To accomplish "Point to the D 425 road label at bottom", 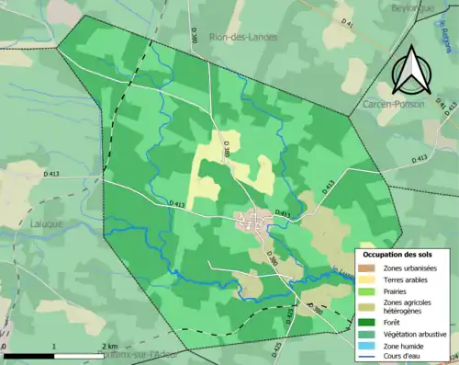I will [276, 348].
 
